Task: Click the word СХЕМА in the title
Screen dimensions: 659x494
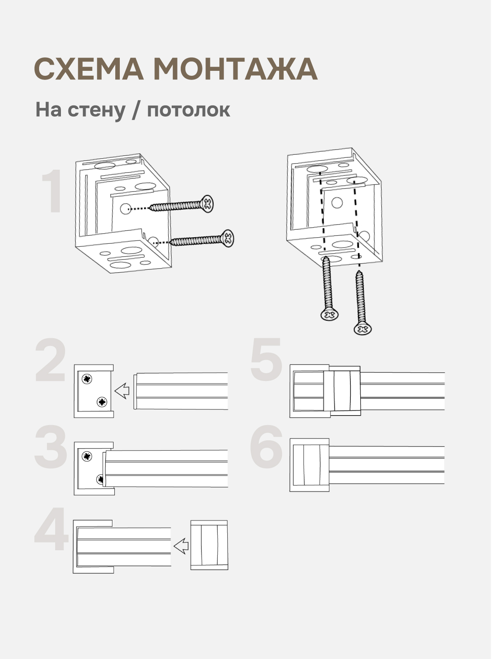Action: pyautogui.click(x=89, y=69)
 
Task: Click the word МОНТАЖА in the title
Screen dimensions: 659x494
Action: pyautogui.click(x=235, y=69)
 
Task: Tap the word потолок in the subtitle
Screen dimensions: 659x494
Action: pyautogui.click(x=189, y=110)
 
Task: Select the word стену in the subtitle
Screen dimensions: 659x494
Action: pyautogui.click(x=97, y=110)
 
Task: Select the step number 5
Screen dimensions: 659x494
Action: pyautogui.click(x=266, y=359)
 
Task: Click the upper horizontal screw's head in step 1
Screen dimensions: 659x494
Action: pyautogui.click(x=208, y=203)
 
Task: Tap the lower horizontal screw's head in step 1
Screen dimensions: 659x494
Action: pyautogui.click(x=227, y=238)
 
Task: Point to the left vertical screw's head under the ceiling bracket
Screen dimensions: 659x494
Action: pyautogui.click(x=329, y=315)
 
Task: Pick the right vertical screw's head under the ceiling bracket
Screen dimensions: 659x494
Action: pyautogui.click(x=363, y=329)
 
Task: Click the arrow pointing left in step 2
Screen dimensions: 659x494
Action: pyautogui.click(x=122, y=390)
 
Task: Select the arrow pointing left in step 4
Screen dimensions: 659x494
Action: pyautogui.click(x=181, y=547)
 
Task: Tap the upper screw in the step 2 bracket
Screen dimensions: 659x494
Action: pyautogui.click(x=87, y=379)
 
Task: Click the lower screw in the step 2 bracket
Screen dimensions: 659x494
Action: pyautogui.click(x=102, y=402)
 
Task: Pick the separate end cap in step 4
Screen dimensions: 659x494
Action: pyautogui.click(x=209, y=545)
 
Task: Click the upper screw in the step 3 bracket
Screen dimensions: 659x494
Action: pyautogui.click(x=87, y=456)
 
